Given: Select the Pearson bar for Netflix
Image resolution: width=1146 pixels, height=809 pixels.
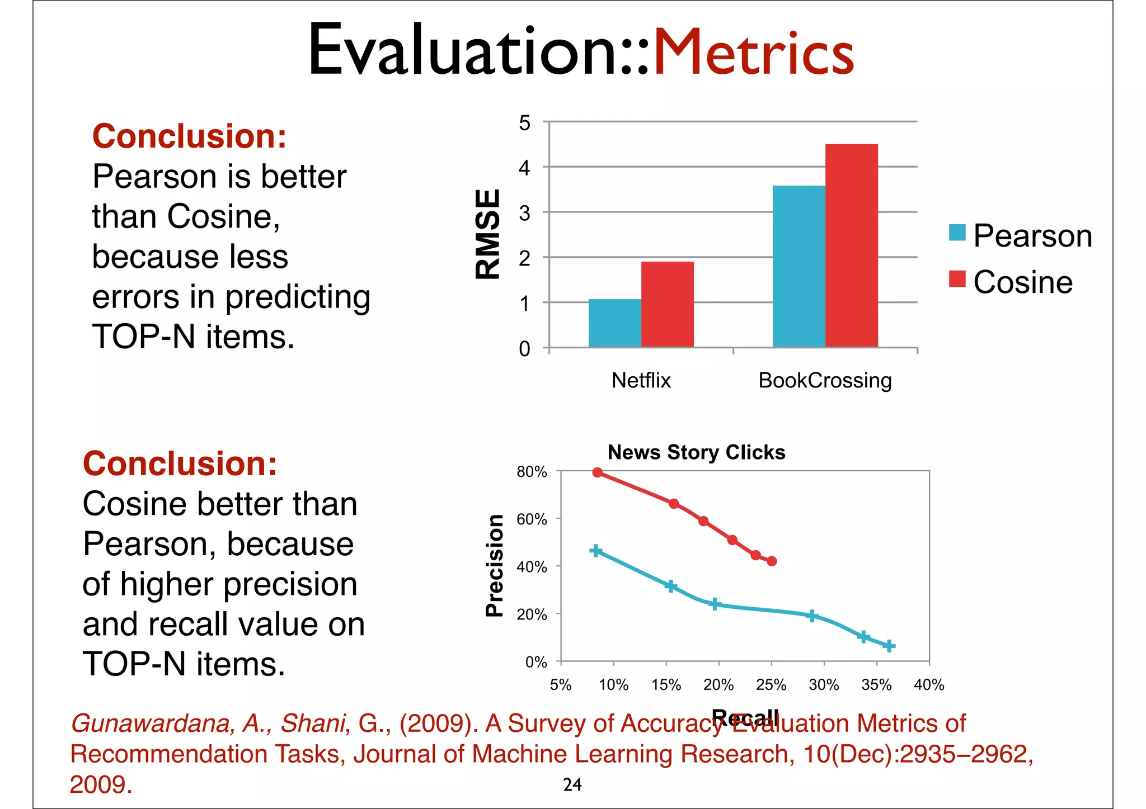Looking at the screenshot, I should (614, 323).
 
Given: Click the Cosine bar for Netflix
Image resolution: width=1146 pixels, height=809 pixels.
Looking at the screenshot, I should (667, 305).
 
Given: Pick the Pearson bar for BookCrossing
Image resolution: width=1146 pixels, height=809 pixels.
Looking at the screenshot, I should (799, 266).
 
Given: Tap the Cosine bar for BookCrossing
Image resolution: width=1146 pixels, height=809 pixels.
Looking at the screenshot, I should (851, 246).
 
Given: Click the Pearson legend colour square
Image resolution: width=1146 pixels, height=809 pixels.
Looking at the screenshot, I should (957, 233).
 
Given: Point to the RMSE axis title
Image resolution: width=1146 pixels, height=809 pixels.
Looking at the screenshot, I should (487, 234).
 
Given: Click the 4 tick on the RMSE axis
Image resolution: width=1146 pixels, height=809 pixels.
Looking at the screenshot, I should (524, 168).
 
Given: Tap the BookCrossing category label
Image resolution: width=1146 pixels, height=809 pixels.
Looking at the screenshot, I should (825, 381).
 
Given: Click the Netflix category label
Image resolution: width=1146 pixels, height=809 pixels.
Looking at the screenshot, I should (641, 381).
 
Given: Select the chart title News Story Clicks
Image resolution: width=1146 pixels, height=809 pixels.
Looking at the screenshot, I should (696, 452).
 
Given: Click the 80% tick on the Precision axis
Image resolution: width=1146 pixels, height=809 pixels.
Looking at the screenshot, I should (532, 472).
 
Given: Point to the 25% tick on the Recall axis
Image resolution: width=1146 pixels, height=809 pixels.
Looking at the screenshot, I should (771, 685).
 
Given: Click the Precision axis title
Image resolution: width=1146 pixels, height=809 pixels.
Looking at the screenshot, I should (495, 565).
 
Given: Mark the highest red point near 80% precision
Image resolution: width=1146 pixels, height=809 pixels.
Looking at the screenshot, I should (598, 472).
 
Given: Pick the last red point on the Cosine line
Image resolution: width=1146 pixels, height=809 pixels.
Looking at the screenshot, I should (772, 561).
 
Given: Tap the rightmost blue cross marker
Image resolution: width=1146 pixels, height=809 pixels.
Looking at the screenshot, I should (889, 646).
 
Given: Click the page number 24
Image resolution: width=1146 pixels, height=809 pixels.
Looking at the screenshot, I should (572, 785).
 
